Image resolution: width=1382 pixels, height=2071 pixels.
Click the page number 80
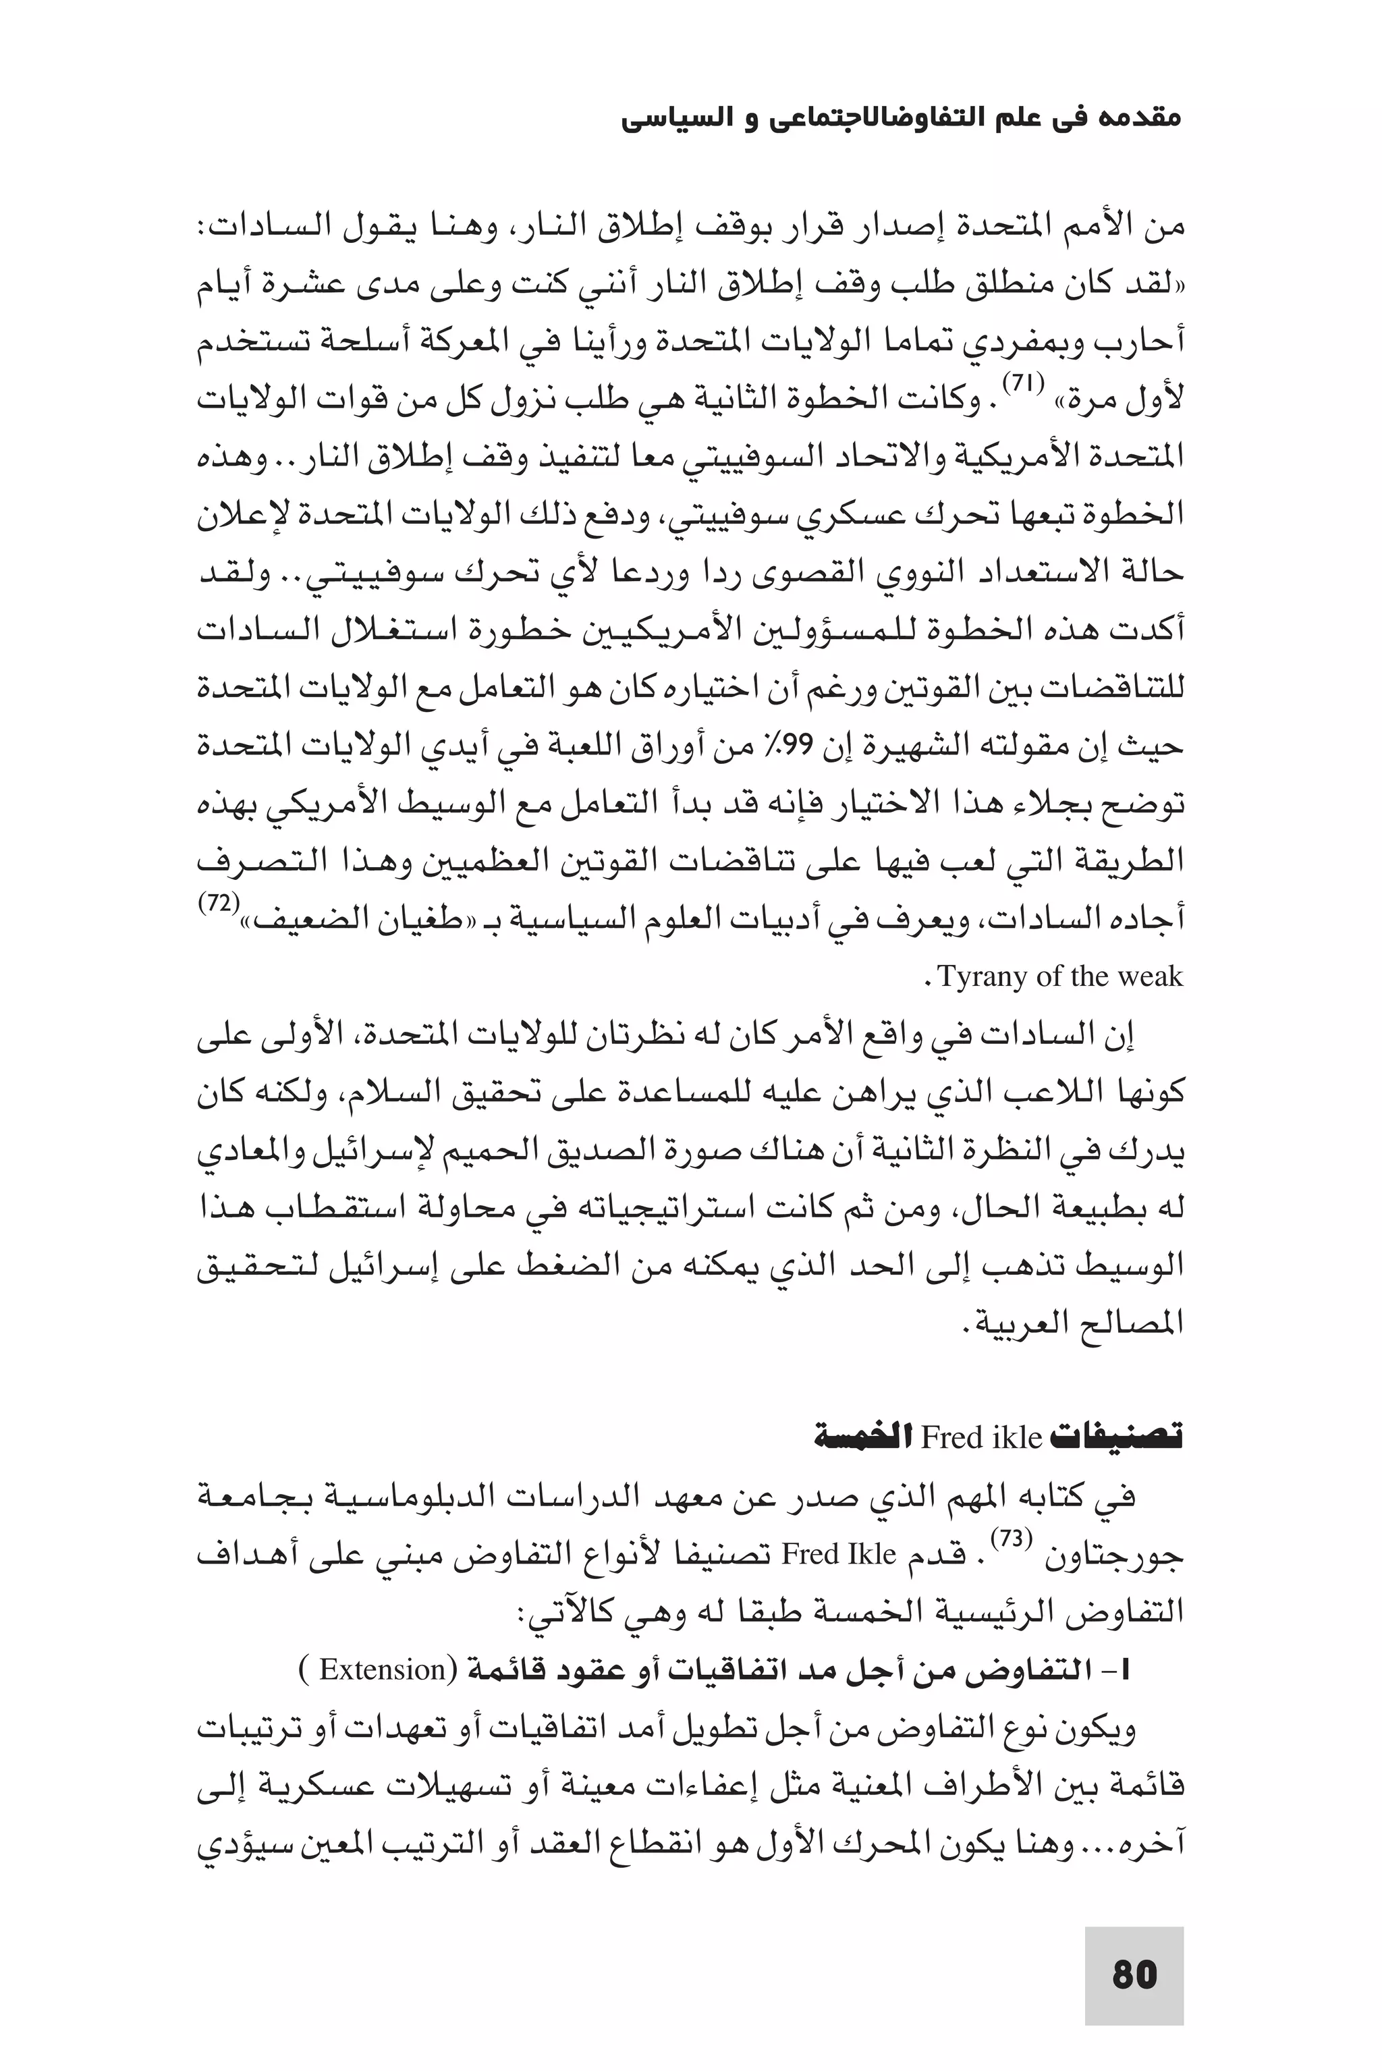[x=1134, y=1975]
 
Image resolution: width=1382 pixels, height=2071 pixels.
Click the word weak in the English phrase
[x=1149, y=977]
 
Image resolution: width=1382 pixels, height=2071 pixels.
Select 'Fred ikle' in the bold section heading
[x=981, y=1438]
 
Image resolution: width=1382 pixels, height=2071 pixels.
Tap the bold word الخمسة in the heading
[x=866, y=1438]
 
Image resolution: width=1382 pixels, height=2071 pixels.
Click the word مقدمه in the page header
[x=1140, y=118]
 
